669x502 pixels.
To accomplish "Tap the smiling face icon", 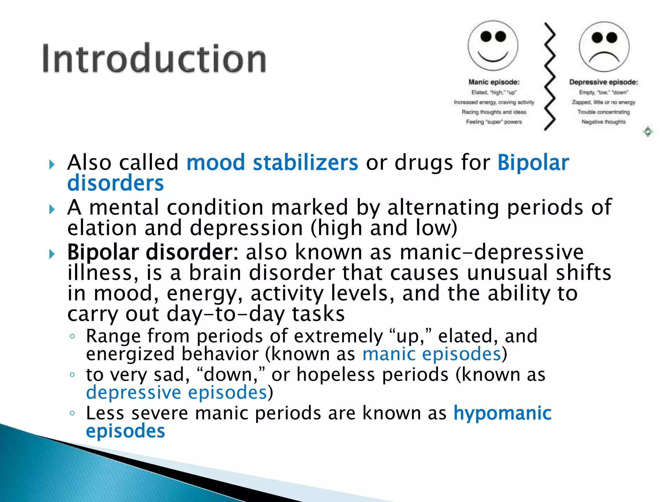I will tap(493, 46).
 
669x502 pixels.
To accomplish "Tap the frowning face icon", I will tap(604, 47).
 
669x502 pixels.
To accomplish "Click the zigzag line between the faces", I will tap(550, 77).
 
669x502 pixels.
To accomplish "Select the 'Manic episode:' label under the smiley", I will tap(494, 82).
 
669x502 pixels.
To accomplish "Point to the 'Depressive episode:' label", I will tap(603, 82).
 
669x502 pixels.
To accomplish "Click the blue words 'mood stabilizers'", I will tap(272, 162).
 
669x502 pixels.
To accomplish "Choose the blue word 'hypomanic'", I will tap(502, 413).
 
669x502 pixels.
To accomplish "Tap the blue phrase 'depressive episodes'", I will tap(177, 392).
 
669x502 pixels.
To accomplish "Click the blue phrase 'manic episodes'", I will tap(432, 354).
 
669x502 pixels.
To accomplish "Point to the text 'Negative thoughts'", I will tap(603, 122).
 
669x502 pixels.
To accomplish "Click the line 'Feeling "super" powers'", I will tap(494, 122).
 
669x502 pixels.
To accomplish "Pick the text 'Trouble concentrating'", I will tap(603, 112).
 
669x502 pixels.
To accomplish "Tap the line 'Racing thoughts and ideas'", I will tap(494, 112).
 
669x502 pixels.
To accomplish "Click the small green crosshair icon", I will tap(648, 132).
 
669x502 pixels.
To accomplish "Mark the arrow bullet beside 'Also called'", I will tap(52, 164).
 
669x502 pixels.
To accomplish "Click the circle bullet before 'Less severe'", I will tap(72, 413).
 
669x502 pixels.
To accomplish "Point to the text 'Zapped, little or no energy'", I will tap(603, 102).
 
